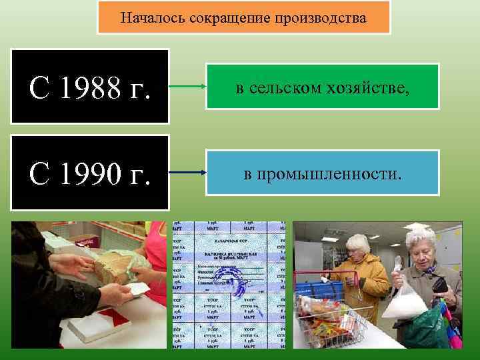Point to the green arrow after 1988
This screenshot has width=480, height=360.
pos(187,87)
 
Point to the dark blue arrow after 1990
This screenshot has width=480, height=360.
pos(187,172)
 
